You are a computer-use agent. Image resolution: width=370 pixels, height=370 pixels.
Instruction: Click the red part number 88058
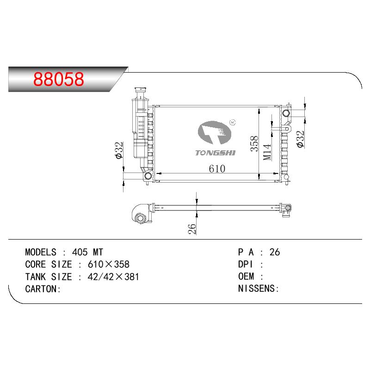coord(59,79)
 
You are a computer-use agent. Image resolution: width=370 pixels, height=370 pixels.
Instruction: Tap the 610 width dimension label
coord(217,168)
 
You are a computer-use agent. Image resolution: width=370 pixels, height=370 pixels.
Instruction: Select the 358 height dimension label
coord(254,143)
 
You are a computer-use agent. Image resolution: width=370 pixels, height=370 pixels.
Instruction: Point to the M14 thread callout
coord(267,152)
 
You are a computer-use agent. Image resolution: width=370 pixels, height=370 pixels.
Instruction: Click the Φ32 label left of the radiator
coord(119,150)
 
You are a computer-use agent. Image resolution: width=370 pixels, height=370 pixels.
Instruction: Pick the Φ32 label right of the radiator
coord(300,139)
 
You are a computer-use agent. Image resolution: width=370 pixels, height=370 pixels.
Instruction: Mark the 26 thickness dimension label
coord(192,228)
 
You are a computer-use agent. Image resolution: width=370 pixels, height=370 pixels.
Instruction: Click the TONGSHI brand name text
coord(215,153)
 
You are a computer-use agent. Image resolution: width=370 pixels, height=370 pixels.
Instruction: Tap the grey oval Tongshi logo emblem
coord(214,132)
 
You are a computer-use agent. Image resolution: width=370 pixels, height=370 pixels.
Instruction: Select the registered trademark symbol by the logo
coord(233,122)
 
